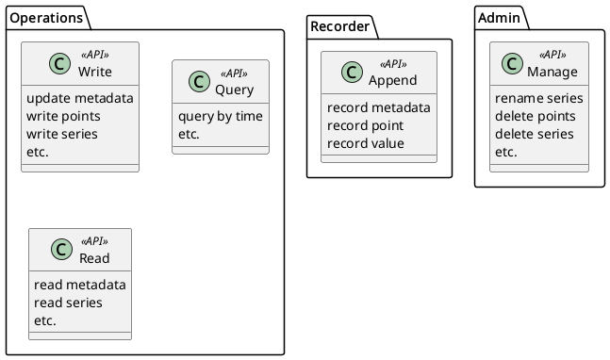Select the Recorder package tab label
point(339,26)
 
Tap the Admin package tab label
point(498,18)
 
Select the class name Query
point(233,90)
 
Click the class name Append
point(391,80)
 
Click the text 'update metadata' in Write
point(80,98)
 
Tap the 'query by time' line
point(221,116)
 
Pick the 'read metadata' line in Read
point(79,285)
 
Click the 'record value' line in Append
point(366,143)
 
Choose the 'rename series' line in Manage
point(538,98)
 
